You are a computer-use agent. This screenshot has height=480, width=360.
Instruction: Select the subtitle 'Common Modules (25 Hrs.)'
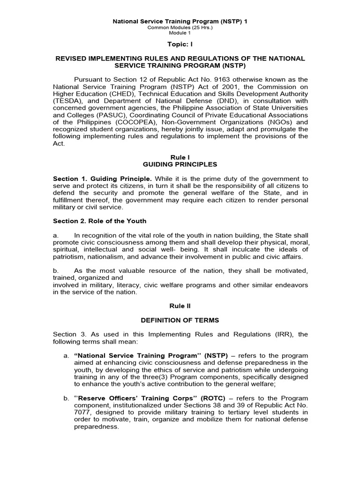pos(180,28)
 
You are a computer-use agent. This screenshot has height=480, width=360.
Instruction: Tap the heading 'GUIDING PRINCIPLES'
pos(180,165)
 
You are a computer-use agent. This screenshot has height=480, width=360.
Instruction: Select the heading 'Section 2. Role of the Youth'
pos(99,221)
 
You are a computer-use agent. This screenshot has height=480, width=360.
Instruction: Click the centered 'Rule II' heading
pos(180,306)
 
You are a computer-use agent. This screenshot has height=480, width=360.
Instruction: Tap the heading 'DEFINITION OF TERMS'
pos(180,320)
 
